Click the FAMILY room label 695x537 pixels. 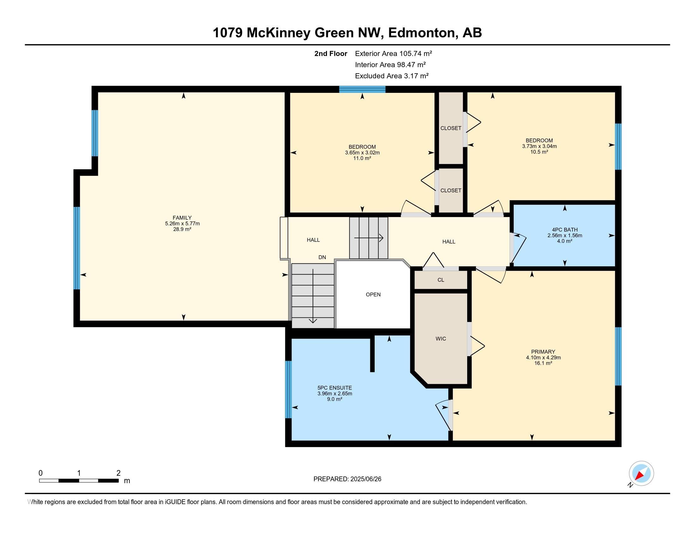pyautogui.click(x=182, y=218)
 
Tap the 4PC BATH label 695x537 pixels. pyautogui.click(x=565, y=230)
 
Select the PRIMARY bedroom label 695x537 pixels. pyautogui.click(x=543, y=352)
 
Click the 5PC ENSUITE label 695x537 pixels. pyautogui.click(x=335, y=388)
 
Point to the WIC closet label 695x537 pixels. pyautogui.click(x=441, y=339)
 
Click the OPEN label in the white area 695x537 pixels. pyautogui.click(x=373, y=295)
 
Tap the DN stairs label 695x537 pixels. pyautogui.click(x=322, y=257)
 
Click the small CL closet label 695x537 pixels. pyautogui.click(x=441, y=280)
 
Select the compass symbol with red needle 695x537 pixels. pyautogui.click(x=641, y=474)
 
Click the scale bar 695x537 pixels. pyautogui.click(x=79, y=480)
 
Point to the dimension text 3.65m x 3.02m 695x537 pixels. pyautogui.click(x=362, y=153)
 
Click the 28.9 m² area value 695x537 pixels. pyautogui.click(x=182, y=229)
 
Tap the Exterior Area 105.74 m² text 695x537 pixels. pyautogui.click(x=393, y=53)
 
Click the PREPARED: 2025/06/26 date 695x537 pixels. pyautogui.click(x=347, y=479)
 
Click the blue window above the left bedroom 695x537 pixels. pyautogui.click(x=362, y=89)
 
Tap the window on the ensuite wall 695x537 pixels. pyautogui.click(x=288, y=389)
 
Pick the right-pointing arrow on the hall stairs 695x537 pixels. pyautogui.click(x=369, y=238)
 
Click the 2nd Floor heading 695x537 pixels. pyautogui.click(x=330, y=53)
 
